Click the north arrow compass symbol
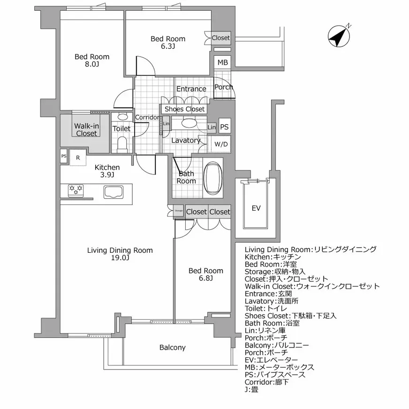(340, 36)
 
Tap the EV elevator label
(256, 208)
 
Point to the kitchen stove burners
(76, 190)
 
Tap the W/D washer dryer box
(221, 144)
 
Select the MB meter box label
(223, 62)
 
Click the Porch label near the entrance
(223, 87)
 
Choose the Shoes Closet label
(184, 109)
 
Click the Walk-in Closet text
(86, 129)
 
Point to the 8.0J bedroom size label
(92, 64)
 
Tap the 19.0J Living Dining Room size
(120, 258)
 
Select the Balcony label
(172, 348)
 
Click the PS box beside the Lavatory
(225, 127)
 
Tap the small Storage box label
(179, 211)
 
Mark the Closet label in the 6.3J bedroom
(220, 38)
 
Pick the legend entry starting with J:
(251, 389)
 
